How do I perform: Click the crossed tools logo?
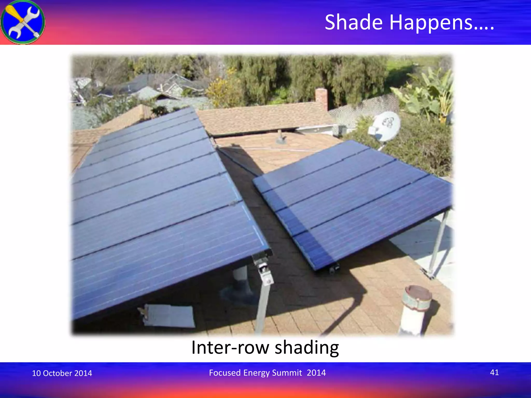[x=23, y=22]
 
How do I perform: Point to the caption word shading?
[x=307, y=348]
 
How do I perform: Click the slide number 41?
[x=494, y=372]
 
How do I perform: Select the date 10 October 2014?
[x=62, y=373]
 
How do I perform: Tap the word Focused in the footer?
[x=225, y=373]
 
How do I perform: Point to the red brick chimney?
[x=322, y=99]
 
